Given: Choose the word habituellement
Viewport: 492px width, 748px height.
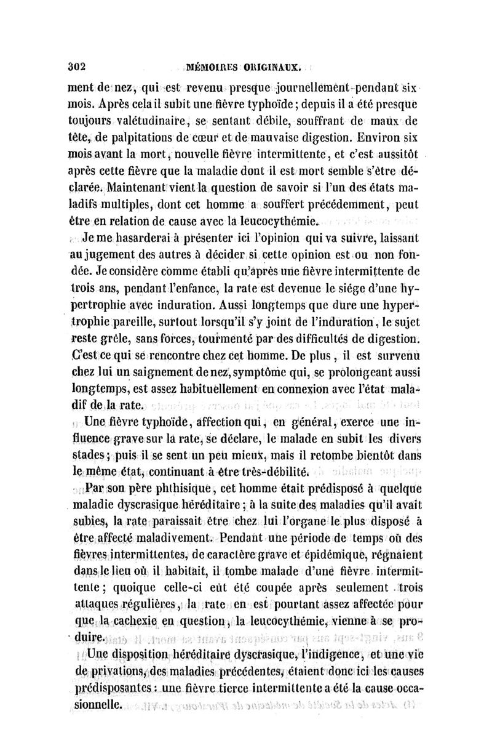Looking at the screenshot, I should point(212,389).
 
